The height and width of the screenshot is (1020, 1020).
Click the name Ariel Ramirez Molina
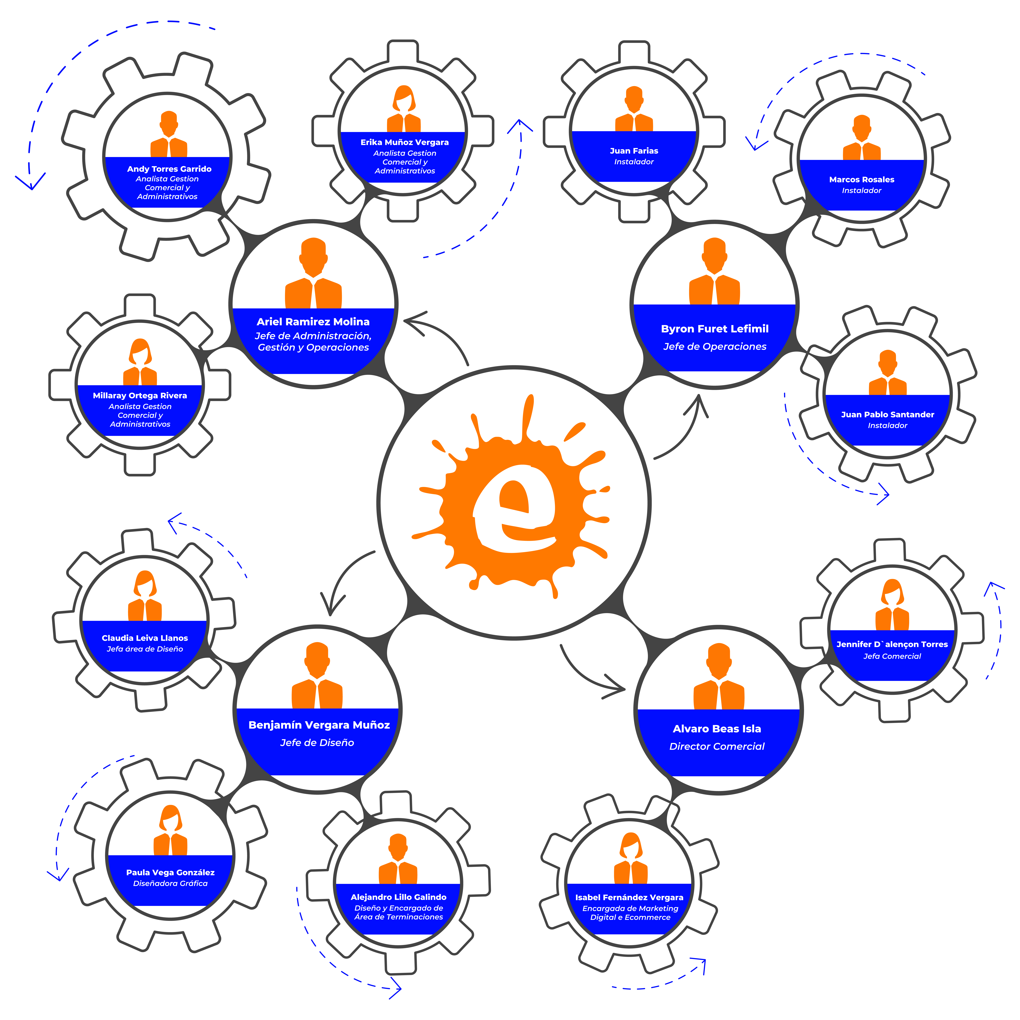[313, 321]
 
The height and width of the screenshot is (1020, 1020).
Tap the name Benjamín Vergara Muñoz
[319, 725]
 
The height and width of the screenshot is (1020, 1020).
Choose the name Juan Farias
[634, 151]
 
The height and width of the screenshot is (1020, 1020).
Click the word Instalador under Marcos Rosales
[862, 191]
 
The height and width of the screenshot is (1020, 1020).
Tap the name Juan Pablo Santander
[887, 414]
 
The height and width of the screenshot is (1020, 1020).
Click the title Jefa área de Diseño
[145, 649]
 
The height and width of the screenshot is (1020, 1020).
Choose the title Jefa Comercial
[892, 656]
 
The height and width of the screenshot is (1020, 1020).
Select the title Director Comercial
[717, 746]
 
